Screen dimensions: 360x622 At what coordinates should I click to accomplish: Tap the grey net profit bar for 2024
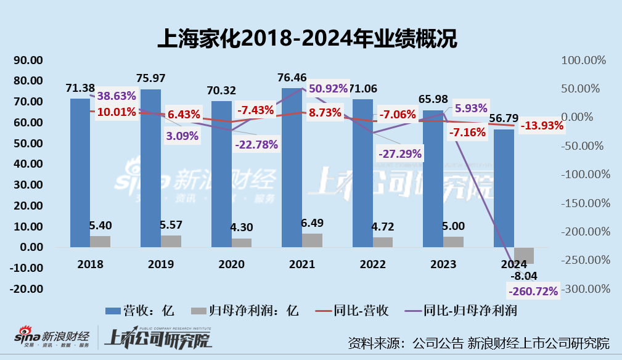[524, 255]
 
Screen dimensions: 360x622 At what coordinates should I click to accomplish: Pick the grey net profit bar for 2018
[100, 241]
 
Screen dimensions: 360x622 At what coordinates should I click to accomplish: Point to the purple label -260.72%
[531, 290]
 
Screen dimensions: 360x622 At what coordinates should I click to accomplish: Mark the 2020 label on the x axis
[232, 264]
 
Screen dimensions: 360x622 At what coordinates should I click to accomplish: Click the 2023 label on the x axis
[443, 264]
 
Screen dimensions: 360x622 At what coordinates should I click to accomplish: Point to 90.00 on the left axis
[28, 60]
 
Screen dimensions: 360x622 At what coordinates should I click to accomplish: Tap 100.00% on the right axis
[582, 60]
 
